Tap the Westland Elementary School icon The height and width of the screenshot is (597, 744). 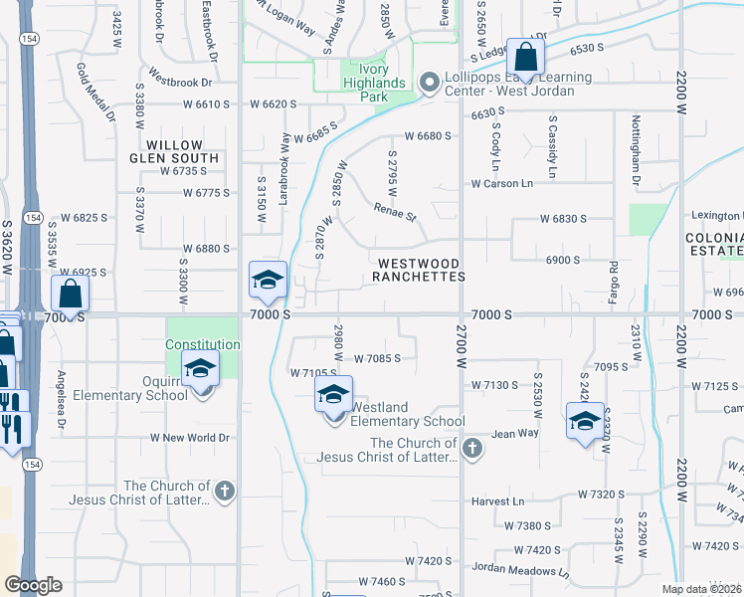click(334, 395)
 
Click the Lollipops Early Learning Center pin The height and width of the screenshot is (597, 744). click(429, 84)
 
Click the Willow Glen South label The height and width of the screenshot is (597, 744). click(174, 151)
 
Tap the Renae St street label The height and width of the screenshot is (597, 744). click(395, 210)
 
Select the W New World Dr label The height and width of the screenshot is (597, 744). click(190, 438)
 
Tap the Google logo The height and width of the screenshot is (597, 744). click(33, 585)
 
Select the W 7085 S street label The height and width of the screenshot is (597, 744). click(377, 358)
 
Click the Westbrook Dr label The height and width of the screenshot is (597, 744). click(181, 83)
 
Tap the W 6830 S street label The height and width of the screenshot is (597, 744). click(564, 218)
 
